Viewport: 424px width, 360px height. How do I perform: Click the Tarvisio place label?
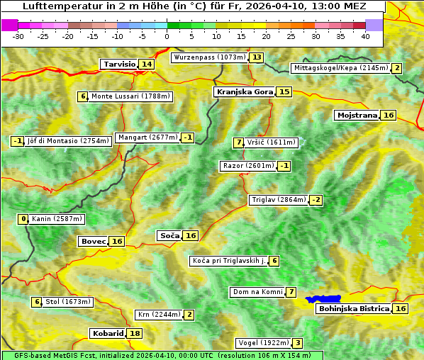tap(119, 64)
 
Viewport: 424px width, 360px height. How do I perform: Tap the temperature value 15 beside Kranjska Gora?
tap(284, 91)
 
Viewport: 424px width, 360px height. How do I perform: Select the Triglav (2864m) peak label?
tap(279, 200)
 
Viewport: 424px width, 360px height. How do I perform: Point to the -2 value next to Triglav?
tap(316, 200)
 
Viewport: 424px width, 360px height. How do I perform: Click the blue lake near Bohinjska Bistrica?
tap(323, 299)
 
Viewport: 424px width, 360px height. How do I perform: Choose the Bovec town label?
tap(93, 241)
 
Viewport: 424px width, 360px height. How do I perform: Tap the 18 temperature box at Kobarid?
tap(135, 333)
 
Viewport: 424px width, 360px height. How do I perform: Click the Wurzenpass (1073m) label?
tap(210, 57)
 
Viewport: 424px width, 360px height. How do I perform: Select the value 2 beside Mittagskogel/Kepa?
tap(397, 68)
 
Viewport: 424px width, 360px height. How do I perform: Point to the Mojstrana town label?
tap(357, 115)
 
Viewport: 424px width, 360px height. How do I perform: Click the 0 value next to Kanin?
tap(23, 219)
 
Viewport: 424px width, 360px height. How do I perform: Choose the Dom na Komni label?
tap(258, 292)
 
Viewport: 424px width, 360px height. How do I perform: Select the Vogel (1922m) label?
tap(262, 343)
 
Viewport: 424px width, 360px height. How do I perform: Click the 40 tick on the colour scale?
tap(365, 35)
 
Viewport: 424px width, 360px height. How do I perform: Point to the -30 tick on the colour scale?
tap(18, 35)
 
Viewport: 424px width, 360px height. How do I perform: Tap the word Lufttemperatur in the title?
tap(57, 6)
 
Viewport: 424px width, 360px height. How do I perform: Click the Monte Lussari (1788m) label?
tap(130, 96)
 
